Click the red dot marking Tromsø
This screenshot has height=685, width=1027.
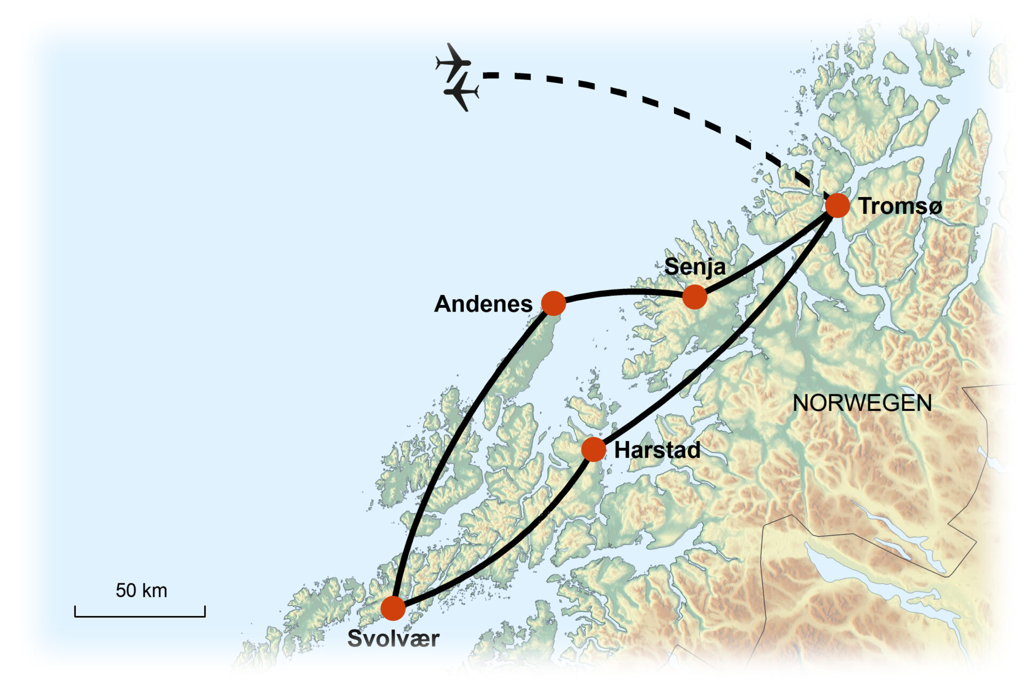pyautogui.click(x=837, y=205)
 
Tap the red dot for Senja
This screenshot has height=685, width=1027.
pyautogui.click(x=694, y=297)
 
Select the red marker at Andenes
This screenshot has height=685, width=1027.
pyautogui.click(x=554, y=303)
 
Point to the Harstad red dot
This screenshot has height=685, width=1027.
pyautogui.click(x=593, y=450)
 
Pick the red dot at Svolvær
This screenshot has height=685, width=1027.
pyautogui.click(x=393, y=608)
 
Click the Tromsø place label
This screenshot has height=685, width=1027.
pyautogui.click(x=900, y=207)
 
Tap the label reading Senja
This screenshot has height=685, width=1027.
pyautogui.click(x=695, y=267)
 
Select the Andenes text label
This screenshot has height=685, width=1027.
pyautogui.click(x=483, y=304)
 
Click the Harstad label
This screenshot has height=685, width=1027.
pyautogui.click(x=657, y=450)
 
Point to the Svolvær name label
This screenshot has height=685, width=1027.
pyautogui.click(x=393, y=638)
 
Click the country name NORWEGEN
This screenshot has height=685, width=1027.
pyautogui.click(x=862, y=403)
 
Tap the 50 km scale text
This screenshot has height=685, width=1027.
pyautogui.click(x=141, y=590)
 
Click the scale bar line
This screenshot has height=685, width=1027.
pyautogui.click(x=140, y=616)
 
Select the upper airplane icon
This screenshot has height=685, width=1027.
pyautogui.click(x=454, y=62)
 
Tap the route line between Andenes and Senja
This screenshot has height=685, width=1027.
pyautogui.click(x=623, y=292)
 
